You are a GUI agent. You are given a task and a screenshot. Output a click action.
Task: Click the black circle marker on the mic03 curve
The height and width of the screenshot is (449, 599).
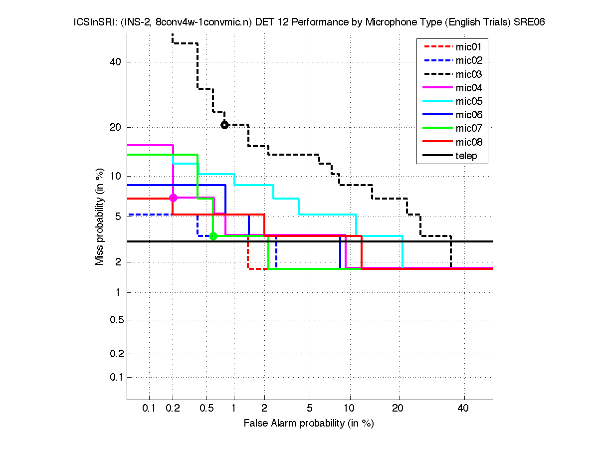click(224, 125)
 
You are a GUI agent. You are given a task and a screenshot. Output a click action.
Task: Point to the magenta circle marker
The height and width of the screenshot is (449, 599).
click(173, 198)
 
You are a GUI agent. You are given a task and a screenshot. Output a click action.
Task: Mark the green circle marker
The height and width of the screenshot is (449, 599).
click(213, 236)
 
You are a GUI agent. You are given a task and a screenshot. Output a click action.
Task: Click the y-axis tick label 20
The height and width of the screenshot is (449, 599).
click(116, 127)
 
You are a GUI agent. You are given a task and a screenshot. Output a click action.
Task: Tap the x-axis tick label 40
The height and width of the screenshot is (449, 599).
click(463, 408)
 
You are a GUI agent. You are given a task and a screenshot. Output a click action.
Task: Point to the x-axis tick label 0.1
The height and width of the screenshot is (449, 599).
click(149, 408)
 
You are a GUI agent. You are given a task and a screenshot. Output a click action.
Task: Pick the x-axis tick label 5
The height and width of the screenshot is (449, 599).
click(310, 408)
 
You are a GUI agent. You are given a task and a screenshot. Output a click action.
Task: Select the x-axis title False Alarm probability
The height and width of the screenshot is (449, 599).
click(308, 424)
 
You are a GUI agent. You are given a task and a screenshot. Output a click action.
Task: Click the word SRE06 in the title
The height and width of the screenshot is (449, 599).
click(527, 23)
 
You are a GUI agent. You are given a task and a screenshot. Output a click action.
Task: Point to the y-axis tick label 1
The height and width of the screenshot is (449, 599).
click(119, 292)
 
